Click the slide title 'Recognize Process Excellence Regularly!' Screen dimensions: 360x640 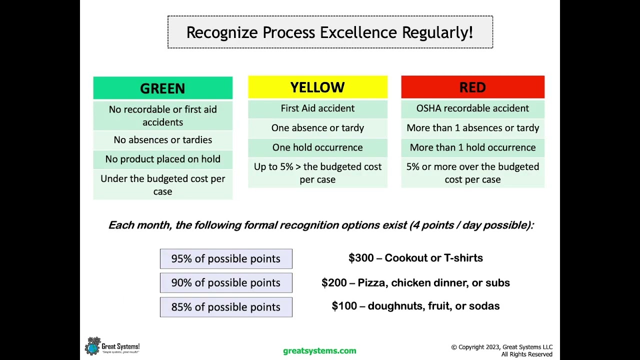coord(330,32)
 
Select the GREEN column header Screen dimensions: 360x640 coord(162,88)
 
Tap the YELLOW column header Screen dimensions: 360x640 coord(317,87)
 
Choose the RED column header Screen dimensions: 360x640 coord(472,87)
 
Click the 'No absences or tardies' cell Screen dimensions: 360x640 coord(162,140)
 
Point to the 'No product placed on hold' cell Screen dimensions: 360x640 coord(162,159)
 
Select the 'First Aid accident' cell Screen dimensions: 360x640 coord(317,108)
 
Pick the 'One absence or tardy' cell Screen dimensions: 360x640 coord(317,128)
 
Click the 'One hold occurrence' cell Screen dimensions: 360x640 coord(317,147)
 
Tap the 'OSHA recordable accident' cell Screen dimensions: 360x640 coord(472,108)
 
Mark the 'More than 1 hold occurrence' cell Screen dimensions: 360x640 coord(472,147)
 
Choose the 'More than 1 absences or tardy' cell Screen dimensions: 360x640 coord(472,128)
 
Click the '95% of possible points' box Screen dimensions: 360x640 coord(226,258)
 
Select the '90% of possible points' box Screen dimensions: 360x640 coord(226,282)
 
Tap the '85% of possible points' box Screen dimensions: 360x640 coord(226,307)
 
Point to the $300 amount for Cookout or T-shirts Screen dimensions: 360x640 coord(360,258)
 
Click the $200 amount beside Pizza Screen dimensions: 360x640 coord(333,282)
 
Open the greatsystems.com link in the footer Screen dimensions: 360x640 coord(319,351)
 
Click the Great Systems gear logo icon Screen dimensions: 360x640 coord(92,346)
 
